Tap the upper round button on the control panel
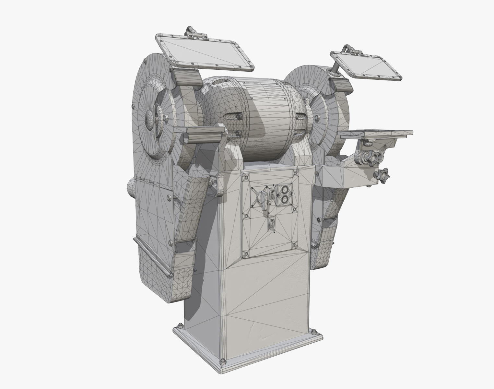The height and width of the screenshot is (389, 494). pos(285,189)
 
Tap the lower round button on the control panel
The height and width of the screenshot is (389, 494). pos(285,199)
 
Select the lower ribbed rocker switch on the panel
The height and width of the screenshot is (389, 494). pos(272,224)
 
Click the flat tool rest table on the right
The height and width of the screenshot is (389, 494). pos(376,133)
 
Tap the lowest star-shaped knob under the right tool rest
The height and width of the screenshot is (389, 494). pos(382,175)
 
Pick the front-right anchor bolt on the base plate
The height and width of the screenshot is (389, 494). pos(313,331)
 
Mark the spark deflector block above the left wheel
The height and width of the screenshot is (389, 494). pos(186,77)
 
